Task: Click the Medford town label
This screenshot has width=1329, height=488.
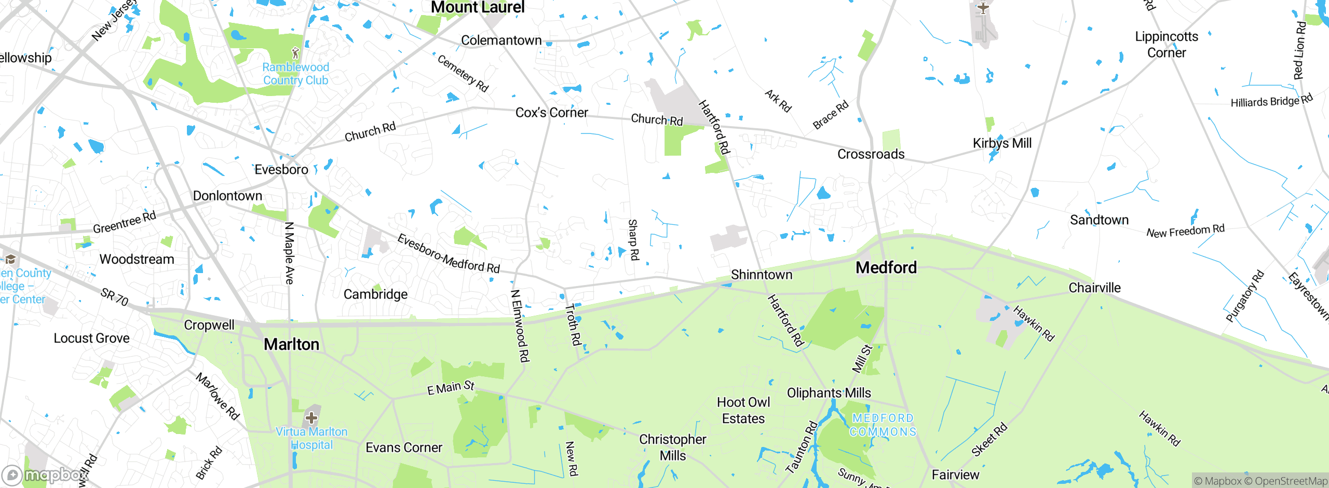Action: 886,268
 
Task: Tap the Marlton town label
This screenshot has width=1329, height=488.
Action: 291,345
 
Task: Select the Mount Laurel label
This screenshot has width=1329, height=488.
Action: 478,7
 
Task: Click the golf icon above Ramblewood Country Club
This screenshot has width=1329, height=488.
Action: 295,53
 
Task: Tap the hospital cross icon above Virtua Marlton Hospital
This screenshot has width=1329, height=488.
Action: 311,418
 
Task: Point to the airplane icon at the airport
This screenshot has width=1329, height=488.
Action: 983,8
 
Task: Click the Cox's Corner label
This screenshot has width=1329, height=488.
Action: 551,113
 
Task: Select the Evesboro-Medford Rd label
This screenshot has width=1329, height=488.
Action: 448,254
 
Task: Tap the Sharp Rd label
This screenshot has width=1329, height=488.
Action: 633,240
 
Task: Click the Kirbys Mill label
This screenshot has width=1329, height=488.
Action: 1002,143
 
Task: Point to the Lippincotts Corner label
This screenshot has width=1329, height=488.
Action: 1166,45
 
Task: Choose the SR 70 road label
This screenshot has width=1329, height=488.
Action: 114,297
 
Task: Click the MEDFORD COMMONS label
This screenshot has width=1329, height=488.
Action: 883,425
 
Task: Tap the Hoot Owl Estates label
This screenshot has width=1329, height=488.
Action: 743,411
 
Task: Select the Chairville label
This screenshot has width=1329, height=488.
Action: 1094,288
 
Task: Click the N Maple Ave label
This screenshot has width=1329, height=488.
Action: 289,253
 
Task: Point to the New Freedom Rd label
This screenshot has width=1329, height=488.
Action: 1185,231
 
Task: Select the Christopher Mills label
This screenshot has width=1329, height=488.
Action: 672,448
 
